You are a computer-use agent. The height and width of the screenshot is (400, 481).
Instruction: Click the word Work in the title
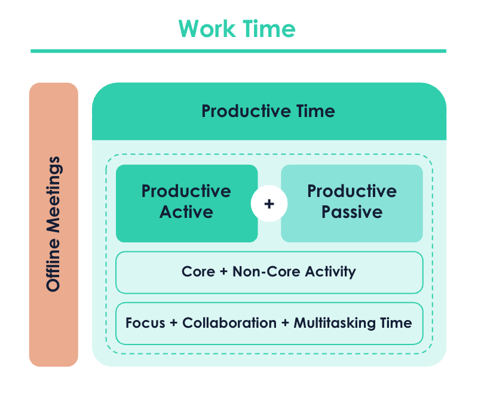(207, 29)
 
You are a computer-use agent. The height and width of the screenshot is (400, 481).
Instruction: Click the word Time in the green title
(269, 29)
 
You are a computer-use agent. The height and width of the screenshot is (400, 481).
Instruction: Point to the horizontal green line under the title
(238, 51)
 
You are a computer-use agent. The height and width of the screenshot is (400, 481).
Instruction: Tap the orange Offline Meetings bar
(54, 224)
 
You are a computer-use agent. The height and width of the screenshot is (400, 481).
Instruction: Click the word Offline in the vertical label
(53, 264)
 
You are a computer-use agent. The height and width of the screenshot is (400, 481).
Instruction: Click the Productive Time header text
(268, 111)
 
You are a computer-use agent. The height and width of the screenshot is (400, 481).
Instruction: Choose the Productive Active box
(187, 204)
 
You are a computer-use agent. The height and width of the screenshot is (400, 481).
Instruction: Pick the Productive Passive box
(352, 204)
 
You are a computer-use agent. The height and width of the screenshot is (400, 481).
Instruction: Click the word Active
(186, 212)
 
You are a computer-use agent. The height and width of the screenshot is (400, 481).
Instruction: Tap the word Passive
(352, 212)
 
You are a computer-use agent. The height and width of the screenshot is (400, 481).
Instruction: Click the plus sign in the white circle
(269, 204)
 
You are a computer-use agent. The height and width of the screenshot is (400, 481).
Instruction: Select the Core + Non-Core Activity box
(269, 272)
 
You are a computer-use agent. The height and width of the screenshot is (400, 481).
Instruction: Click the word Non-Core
(266, 272)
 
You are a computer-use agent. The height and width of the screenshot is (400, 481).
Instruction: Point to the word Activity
(330, 272)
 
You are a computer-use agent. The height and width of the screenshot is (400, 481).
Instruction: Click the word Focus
(145, 323)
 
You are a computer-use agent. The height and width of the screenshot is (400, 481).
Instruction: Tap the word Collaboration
(229, 323)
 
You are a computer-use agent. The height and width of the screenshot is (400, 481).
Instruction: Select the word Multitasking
(335, 324)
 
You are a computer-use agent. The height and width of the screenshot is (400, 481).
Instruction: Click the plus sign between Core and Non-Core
(223, 272)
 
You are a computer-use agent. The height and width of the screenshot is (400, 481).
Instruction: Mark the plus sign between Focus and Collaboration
(174, 323)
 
